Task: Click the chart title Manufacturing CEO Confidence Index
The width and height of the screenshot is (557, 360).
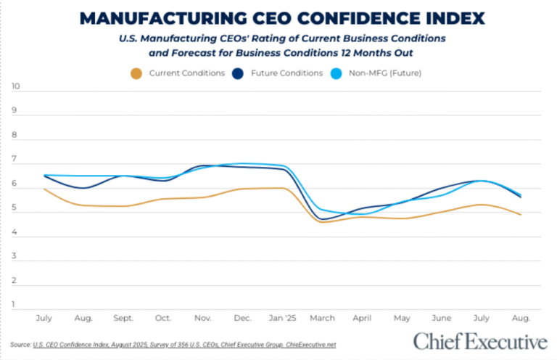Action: pyautogui.click(x=283, y=17)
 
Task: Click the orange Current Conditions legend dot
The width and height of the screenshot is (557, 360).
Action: pyautogui.click(x=135, y=73)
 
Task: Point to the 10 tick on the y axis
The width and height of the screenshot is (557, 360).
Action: pyautogui.click(x=17, y=86)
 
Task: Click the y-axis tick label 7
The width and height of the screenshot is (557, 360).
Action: pyautogui.click(x=15, y=160)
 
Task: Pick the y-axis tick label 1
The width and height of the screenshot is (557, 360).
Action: pyautogui.click(x=15, y=305)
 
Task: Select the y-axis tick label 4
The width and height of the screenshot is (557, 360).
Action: pyautogui.click(x=15, y=232)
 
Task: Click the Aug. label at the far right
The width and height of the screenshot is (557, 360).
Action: pyautogui.click(x=521, y=318)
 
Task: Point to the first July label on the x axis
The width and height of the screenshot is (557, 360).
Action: pyautogui.click(x=44, y=318)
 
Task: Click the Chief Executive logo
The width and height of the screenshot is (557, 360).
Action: pyautogui.click(x=479, y=341)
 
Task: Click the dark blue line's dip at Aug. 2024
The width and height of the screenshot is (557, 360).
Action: pyautogui.click(x=86, y=188)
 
